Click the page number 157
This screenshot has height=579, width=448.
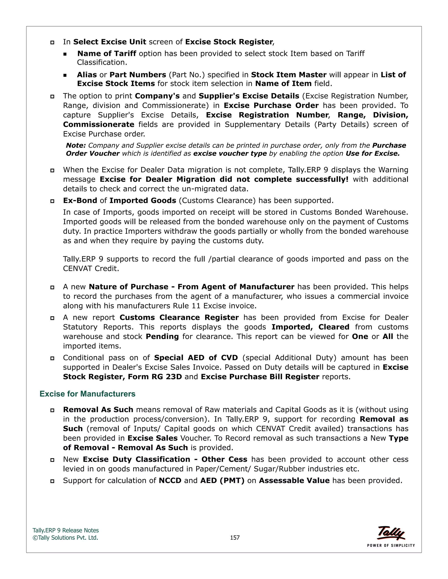[x=235, y=537]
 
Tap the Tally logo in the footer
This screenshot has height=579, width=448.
[x=391, y=533]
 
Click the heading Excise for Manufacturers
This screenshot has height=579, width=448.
[x=87, y=394]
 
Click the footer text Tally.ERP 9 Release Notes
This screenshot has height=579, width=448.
[x=66, y=530]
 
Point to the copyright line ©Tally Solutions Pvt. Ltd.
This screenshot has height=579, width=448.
[x=65, y=537]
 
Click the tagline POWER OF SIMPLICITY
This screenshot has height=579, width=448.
[x=391, y=545]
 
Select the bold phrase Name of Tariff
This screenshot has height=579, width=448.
[x=107, y=54]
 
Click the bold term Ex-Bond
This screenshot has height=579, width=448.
[x=80, y=200]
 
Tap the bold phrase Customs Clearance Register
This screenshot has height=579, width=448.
[x=179, y=317]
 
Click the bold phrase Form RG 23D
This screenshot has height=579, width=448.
[x=155, y=377]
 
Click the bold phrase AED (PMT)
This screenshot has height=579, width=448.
[x=222, y=480]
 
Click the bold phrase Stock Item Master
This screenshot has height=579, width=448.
[x=289, y=75]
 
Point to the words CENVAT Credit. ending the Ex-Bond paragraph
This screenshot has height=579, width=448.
[x=91, y=269]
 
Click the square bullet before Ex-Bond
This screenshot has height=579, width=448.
[x=52, y=201]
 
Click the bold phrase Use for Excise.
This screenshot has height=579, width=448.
[x=372, y=154]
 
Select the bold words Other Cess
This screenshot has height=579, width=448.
[x=224, y=459]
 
